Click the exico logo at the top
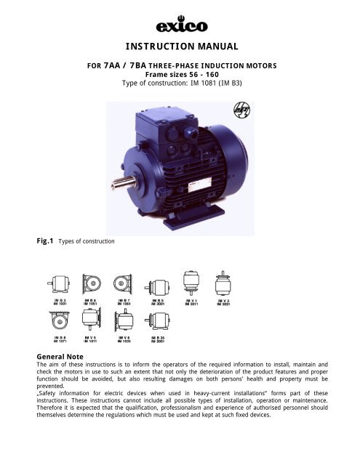click(x=180, y=27)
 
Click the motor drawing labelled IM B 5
click(x=158, y=283)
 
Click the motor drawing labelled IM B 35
click(x=158, y=321)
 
